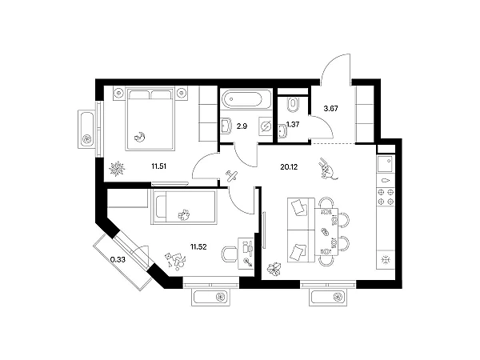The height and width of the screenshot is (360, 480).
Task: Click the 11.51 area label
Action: (x=159, y=166)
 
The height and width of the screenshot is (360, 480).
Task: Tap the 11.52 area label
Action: (x=198, y=246)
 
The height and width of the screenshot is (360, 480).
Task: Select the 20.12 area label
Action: (x=289, y=167)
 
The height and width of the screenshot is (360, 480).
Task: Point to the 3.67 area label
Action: (x=330, y=108)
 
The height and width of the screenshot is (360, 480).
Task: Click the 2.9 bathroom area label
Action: (x=242, y=126)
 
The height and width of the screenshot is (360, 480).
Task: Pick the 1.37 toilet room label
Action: (x=293, y=125)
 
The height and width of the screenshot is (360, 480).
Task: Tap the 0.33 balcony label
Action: (x=118, y=260)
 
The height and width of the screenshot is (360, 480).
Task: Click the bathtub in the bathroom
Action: (x=246, y=99)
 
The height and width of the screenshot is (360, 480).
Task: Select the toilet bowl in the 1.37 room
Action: (x=293, y=103)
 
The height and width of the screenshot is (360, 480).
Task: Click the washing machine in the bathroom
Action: (x=265, y=126)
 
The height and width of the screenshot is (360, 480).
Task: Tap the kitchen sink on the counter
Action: (x=386, y=164)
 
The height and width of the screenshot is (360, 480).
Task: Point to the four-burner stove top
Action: (x=386, y=197)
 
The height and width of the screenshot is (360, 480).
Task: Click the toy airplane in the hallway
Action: (x=232, y=175)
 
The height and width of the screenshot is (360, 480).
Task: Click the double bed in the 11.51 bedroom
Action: (x=150, y=118)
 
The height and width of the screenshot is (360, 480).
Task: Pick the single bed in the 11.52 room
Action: (x=184, y=207)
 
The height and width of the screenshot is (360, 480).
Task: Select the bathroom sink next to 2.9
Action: (x=226, y=126)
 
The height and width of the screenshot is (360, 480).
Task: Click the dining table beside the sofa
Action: (x=326, y=232)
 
